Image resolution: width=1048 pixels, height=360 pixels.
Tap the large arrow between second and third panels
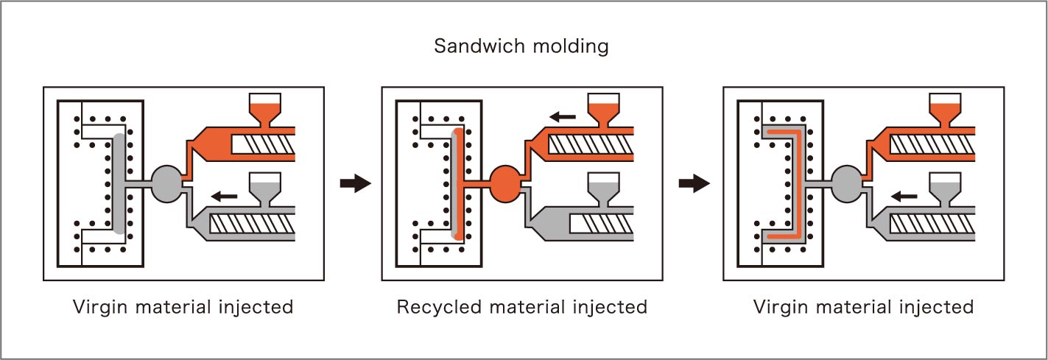point(694,184)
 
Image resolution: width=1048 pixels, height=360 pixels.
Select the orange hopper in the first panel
point(264,110)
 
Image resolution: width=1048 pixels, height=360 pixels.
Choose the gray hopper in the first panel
point(264,187)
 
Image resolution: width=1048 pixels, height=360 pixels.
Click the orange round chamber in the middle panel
point(505,181)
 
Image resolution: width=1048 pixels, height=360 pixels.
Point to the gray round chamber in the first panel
point(166,181)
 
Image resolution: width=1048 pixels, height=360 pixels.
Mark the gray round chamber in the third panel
point(846,181)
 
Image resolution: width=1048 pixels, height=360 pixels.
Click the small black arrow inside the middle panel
point(563,116)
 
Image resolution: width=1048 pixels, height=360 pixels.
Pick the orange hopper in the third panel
point(944,110)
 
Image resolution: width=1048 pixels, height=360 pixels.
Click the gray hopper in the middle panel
point(604,187)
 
